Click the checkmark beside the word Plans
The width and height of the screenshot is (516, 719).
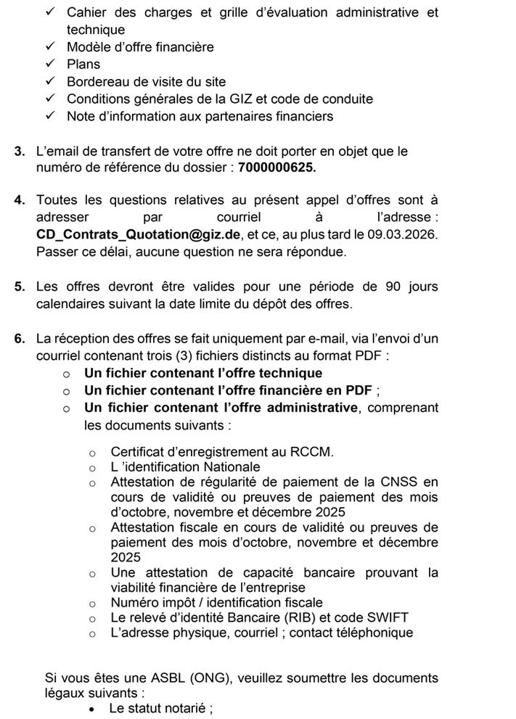pyautogui.click(x=49, y=64)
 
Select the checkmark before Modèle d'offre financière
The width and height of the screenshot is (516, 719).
pyautogui.click(x=49, y=46)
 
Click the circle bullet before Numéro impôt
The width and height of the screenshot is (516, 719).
pyautogui.click(x=92, y=603)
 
